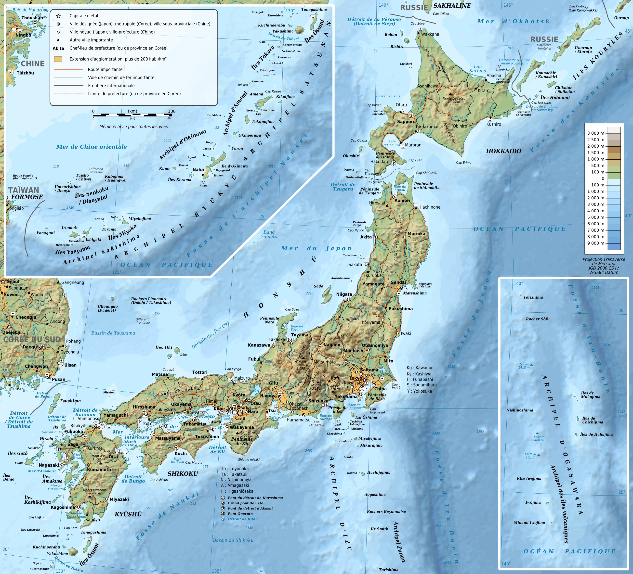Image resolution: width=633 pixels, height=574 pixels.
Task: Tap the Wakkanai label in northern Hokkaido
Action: point(431,34)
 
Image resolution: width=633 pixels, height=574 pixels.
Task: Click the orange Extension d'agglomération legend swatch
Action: point(58,59)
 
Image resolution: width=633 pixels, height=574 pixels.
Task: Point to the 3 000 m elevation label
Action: point(595,133)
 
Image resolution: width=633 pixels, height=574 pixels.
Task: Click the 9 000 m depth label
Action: point(595,243)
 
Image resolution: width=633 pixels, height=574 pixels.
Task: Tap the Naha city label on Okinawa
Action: point(198,169)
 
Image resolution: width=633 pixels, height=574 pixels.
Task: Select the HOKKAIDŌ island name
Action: point(503,151)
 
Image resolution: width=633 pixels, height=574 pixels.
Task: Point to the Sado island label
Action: point(318,286)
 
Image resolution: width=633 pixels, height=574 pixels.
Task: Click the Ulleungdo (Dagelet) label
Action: point(108,308)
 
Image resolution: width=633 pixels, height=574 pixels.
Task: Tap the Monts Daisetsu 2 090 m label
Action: point(454,100)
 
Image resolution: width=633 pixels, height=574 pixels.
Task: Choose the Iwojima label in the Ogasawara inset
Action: point(533,502)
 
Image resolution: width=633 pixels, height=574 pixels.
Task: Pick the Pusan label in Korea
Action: point(58,379)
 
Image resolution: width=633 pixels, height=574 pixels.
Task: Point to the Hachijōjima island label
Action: point(379,472)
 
